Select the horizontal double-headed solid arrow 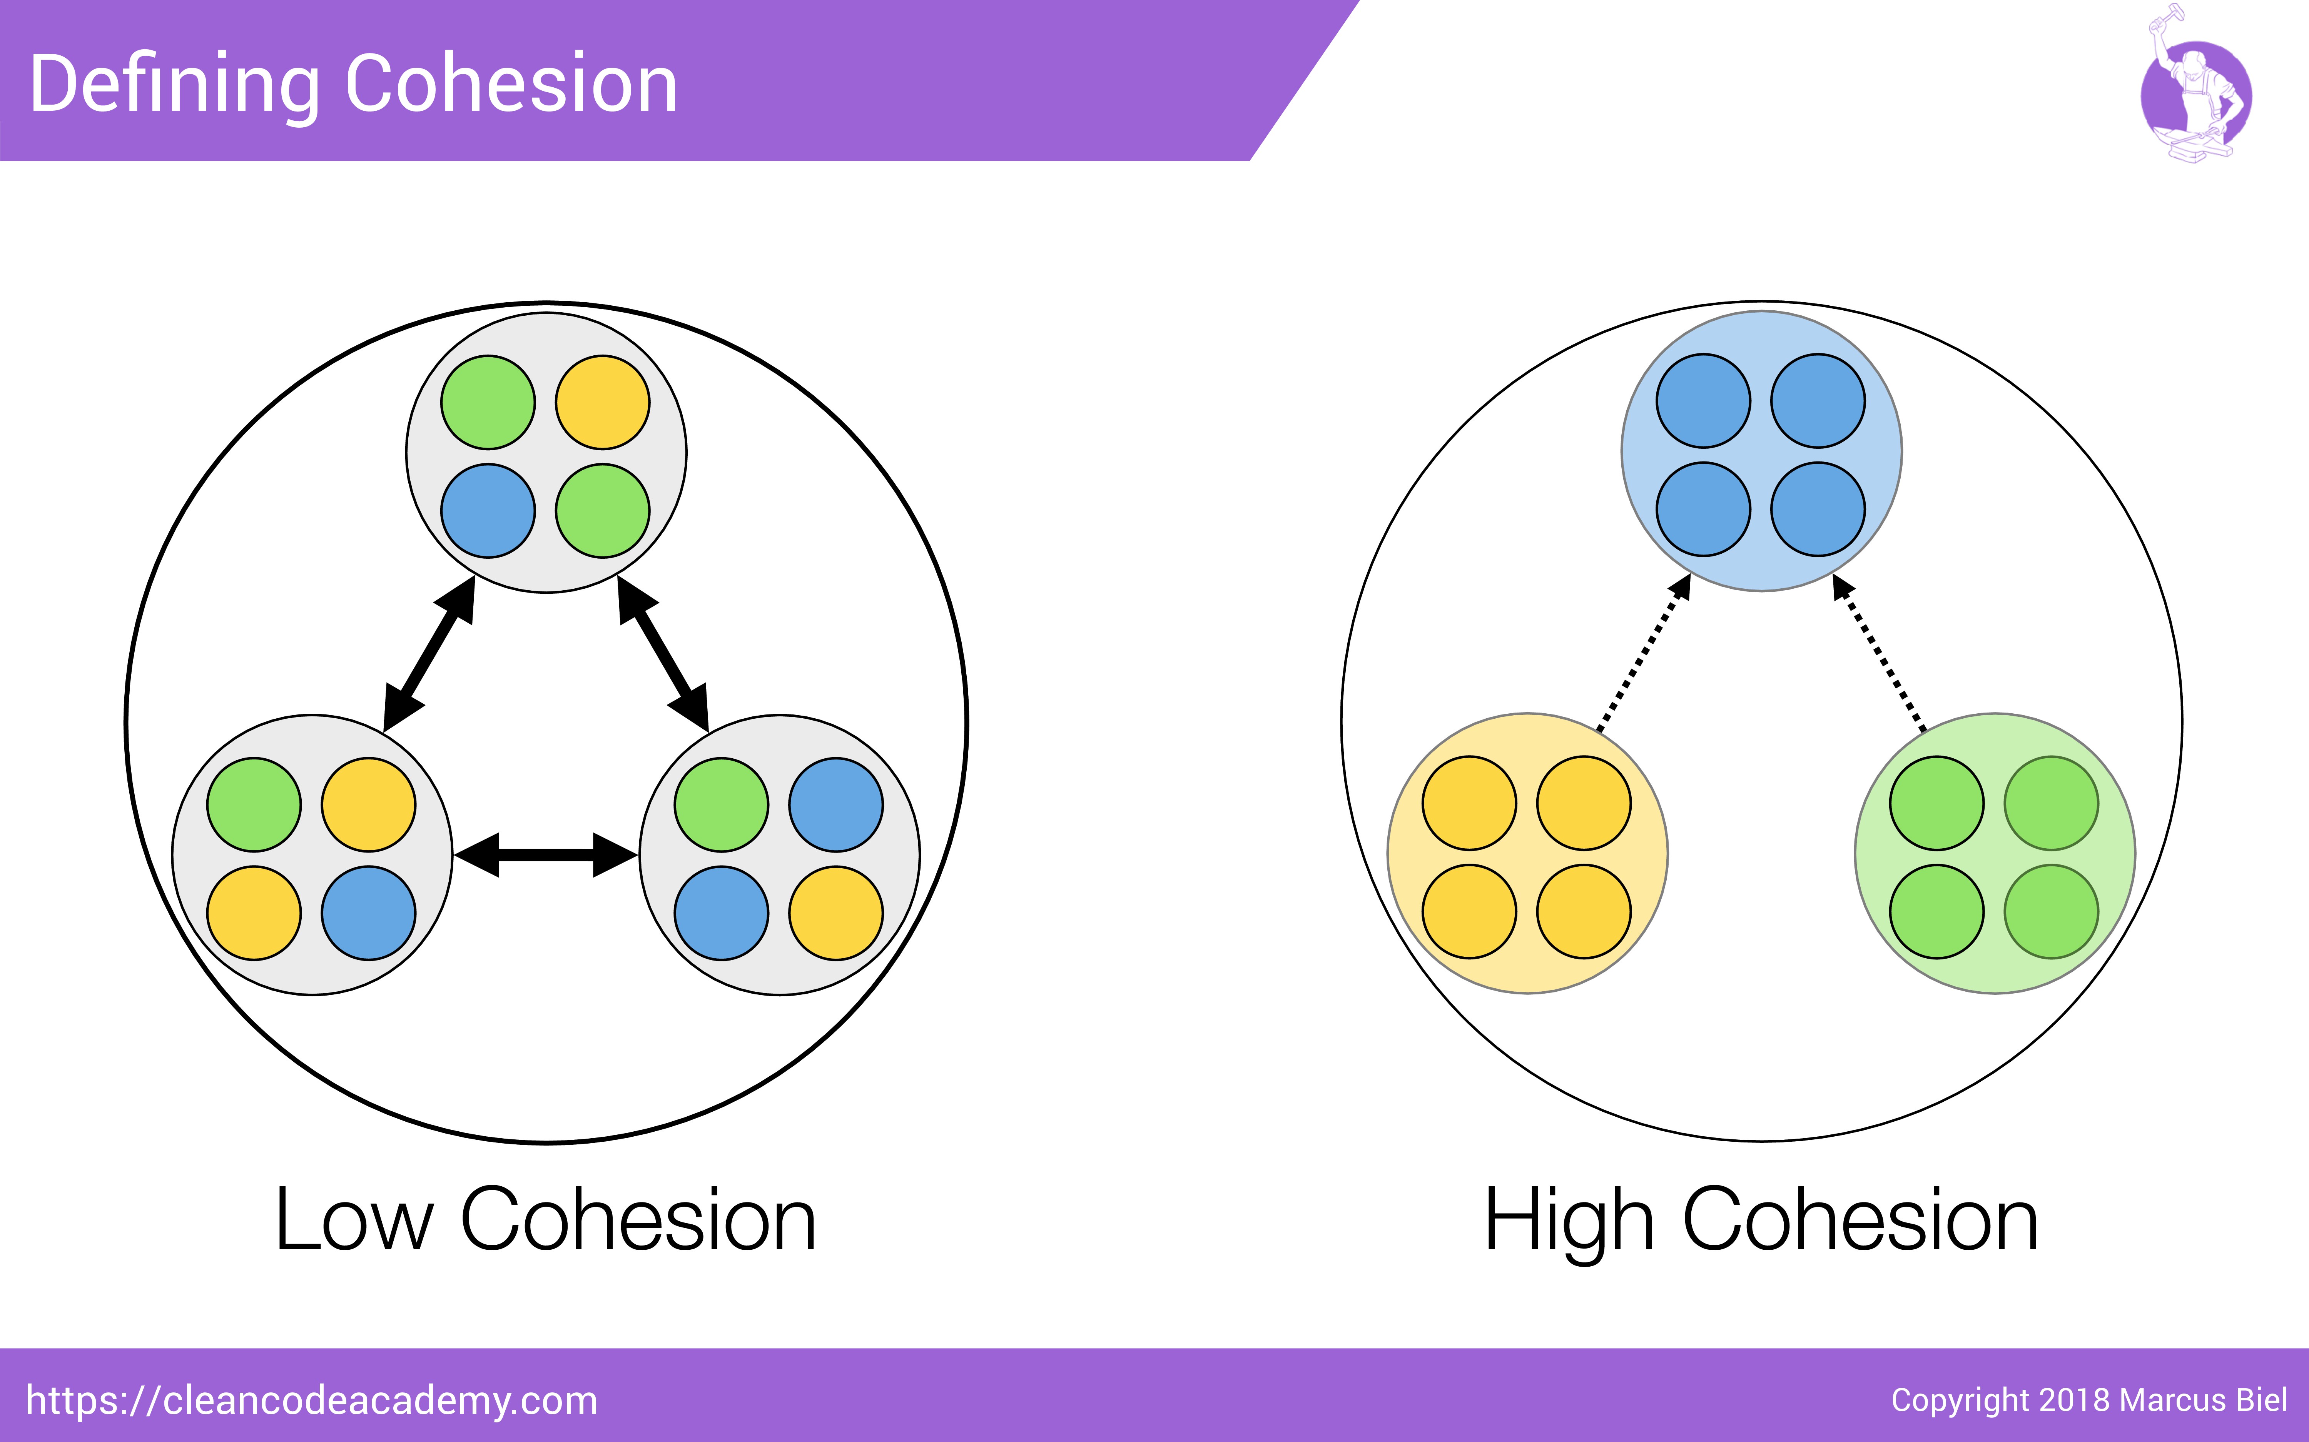click(x=546, y=854)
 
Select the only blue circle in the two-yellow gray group click(x=368, y=913)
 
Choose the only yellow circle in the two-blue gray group click(x=836, y=913)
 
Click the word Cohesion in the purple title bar click(x=510, y=86)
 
